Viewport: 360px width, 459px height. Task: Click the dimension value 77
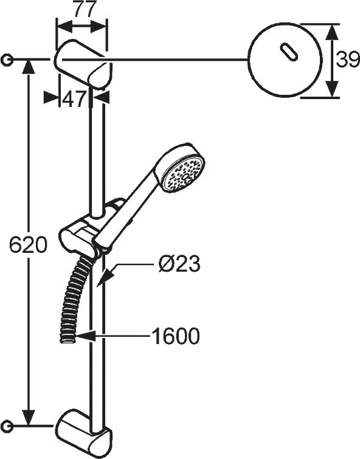click(x=85, y=9)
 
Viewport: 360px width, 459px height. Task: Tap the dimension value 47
click(x=74, y=99)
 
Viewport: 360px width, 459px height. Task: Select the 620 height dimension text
click(x=28, y=244)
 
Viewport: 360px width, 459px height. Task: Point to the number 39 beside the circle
click(x=347, y=60)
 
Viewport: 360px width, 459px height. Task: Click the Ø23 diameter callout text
click(x=179, y=264)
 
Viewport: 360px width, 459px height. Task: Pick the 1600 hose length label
click(x=176, y=336)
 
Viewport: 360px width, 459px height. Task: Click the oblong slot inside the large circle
click(x=289, y=52)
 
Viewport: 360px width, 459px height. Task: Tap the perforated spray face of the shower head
click(x=184, y=174)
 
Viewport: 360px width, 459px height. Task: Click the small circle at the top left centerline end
click(x=6, y=60)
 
